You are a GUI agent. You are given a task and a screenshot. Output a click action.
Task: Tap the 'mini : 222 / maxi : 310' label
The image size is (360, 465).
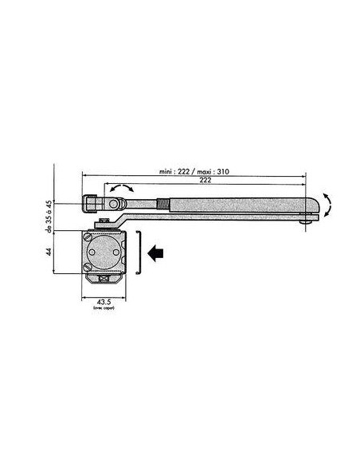(196, 172)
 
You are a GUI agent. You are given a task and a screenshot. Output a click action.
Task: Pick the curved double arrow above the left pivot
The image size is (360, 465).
(122, 186)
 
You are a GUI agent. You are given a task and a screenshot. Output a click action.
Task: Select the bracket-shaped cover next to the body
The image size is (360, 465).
(137, 252)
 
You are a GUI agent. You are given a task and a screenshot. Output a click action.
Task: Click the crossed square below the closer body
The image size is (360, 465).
(104, 280)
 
